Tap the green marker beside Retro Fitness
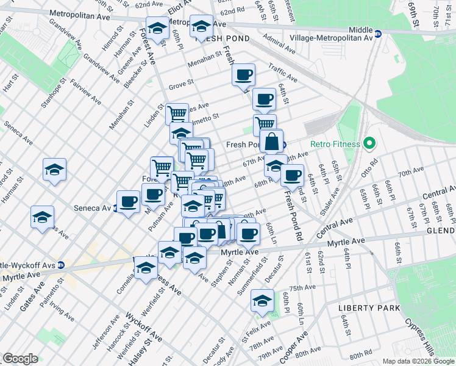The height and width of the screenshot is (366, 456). click(x=368, y=145)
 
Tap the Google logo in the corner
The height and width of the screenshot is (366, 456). click(x=21, y=358)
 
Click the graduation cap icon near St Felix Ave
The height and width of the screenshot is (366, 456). click(x=263, y=301)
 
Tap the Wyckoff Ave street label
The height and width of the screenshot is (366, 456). click(x=144, y=327)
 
